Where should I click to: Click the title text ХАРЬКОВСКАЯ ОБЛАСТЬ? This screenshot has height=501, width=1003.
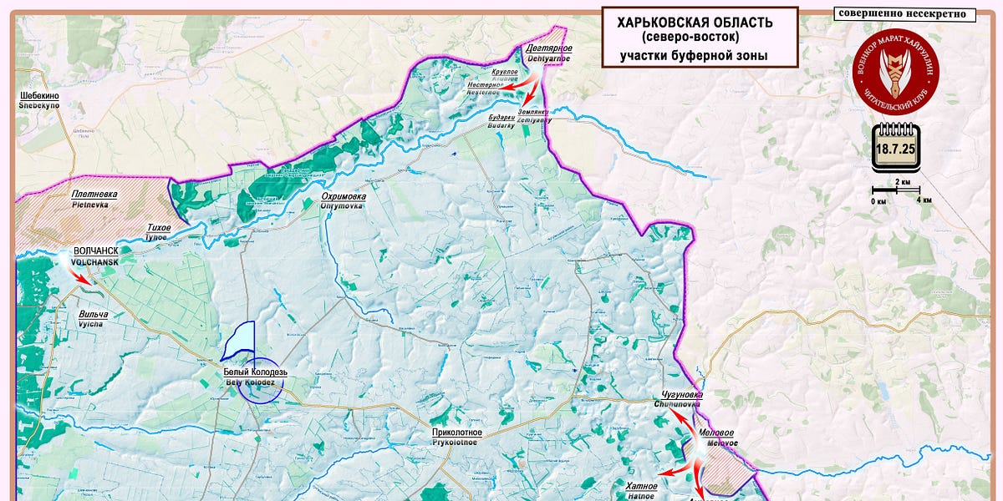(x=695, y=23)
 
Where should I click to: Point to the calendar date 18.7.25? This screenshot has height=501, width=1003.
(x=895, y=152)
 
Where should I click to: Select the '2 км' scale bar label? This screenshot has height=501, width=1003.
(x=903, y=181)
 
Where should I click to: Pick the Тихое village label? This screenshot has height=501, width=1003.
(x=158, y=228)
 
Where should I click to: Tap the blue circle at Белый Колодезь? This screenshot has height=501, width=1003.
(x=259, y=386)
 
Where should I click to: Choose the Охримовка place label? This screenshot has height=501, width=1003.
(x=344, y=196)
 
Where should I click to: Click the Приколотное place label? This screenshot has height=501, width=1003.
(x=456, y=433)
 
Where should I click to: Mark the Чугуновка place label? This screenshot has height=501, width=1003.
(x=678, y=394)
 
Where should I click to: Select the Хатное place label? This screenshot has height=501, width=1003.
(x=641, y=486)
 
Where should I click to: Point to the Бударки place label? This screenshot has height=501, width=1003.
(x=501, y=119)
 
